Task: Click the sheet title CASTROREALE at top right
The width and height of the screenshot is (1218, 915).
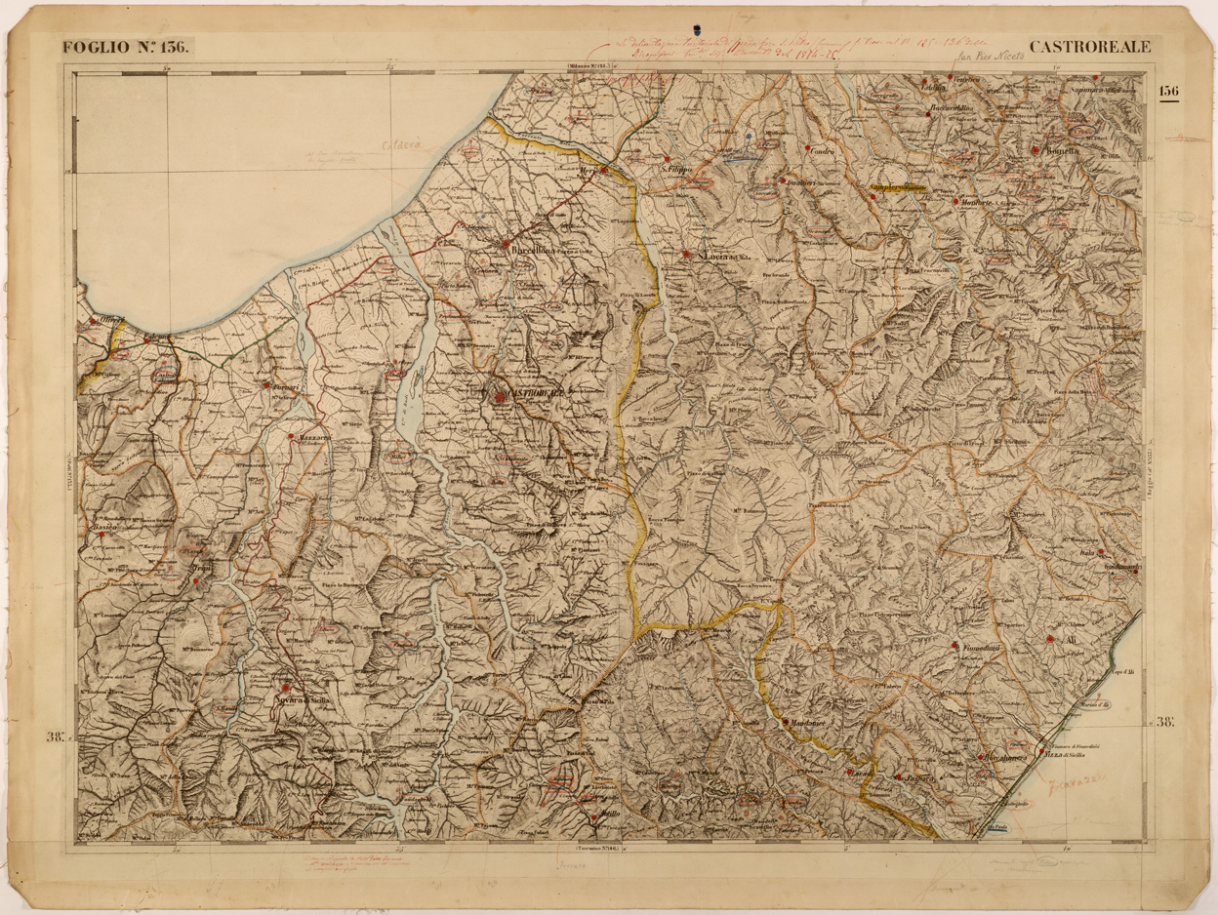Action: point(1090,46)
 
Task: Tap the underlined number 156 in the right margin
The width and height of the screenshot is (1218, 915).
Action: point(1168,92)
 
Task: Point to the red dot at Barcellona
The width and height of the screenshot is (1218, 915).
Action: point(506,244)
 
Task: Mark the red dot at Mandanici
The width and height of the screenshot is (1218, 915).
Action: point(785,722)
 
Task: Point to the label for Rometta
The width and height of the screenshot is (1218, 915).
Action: point(1061,152)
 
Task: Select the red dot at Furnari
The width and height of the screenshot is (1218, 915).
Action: point(266,384)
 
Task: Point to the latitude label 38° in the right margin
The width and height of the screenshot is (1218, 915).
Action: point(1165,722)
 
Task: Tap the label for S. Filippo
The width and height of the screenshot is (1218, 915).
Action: point(675,170)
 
